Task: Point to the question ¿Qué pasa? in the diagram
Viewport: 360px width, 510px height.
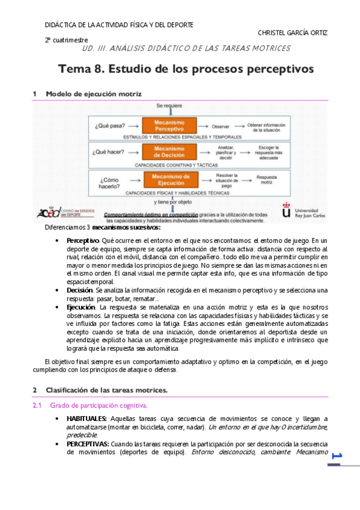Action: tap(110, 126)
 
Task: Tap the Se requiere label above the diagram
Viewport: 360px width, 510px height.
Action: tap(169, 106)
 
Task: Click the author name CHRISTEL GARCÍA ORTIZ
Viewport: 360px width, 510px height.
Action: tap(292, 32)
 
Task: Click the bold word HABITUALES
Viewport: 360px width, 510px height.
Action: tap(87, 418)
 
